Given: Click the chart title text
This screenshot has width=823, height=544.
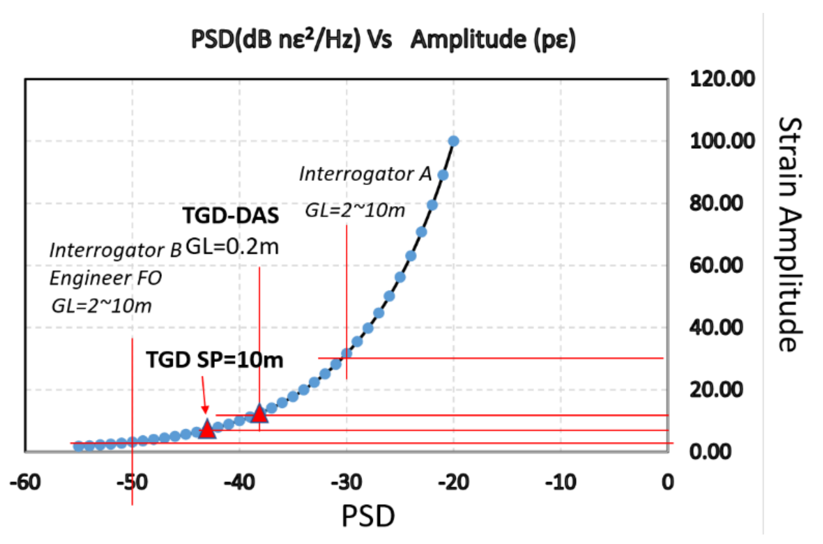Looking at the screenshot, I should point(383,39).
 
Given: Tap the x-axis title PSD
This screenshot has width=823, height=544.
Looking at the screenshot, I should point(368,516).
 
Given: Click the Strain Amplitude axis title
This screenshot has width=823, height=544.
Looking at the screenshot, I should point(790,234).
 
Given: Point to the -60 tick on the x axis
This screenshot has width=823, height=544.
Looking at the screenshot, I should point(25,482).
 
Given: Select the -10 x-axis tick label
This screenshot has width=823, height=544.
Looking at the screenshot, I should point(561,482).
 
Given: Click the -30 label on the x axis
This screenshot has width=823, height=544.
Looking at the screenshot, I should point(346,482).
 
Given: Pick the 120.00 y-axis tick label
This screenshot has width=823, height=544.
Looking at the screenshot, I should point(722,79).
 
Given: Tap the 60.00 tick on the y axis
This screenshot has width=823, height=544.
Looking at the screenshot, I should point(716,265).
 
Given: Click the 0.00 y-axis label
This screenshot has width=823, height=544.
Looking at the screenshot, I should point(710,452).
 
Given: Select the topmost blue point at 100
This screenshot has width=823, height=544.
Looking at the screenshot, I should point(453,141).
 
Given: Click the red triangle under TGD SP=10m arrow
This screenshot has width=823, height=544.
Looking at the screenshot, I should point(207,430).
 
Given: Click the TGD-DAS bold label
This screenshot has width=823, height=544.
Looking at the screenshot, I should point(230,215).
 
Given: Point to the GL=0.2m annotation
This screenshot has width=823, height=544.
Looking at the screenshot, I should point(232,247).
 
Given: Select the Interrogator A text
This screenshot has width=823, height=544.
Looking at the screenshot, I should point(365,174).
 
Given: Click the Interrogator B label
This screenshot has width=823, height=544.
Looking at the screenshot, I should point(115,250).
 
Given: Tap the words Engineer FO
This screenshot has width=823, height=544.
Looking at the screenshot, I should point(105,278).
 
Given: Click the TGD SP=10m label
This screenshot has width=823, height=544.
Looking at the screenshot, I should point(214,359).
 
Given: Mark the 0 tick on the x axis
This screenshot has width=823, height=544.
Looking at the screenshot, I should point(667,482).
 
